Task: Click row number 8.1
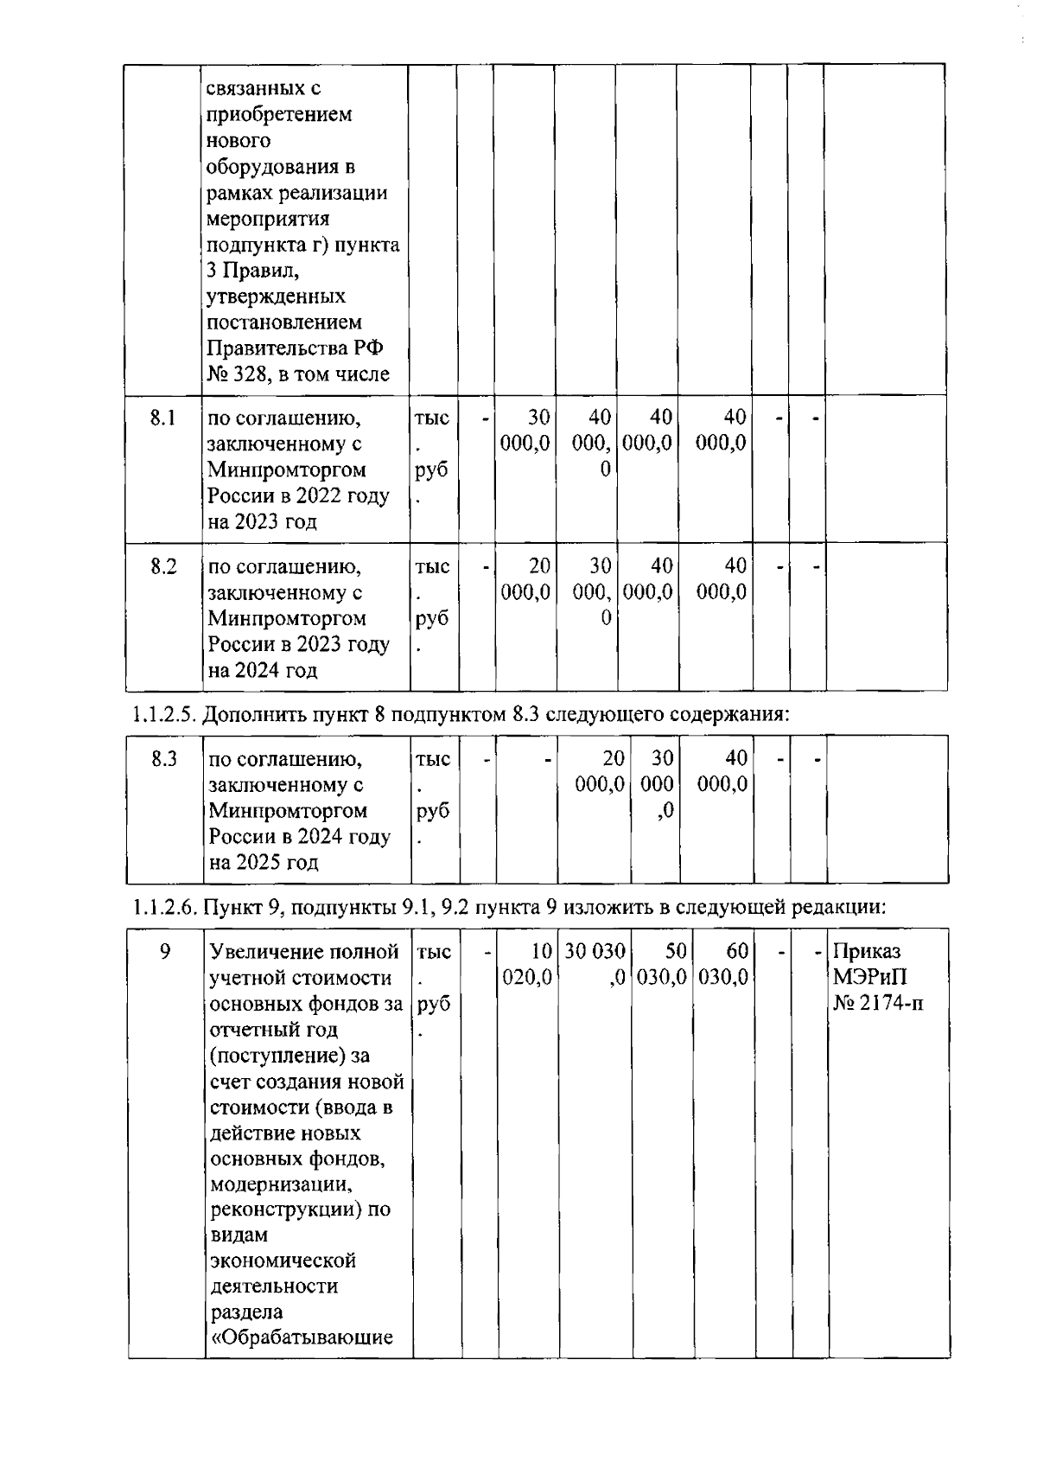pyautogui.click(x=162, y=418)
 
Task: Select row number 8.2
pyautogui.click(x=163, y=567)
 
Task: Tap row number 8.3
pyautogui.click(x=164, y=759)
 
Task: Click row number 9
pyautogui.click(x=165, y=952)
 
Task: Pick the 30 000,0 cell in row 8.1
pyautogui.click(x=525, y=431)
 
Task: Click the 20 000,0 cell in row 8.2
pyautogui.click(x=525, y=579)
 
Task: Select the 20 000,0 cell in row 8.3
pyautogui.click(x=601, y=771)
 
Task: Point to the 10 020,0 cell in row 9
pyautogui.click(x=528, y=964)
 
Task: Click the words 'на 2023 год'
pyautogui.click(x=262, y=522)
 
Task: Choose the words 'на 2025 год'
pyautogui.click(x=264, y=863)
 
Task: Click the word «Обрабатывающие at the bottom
pyautogui.click(x=302, y=1338)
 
